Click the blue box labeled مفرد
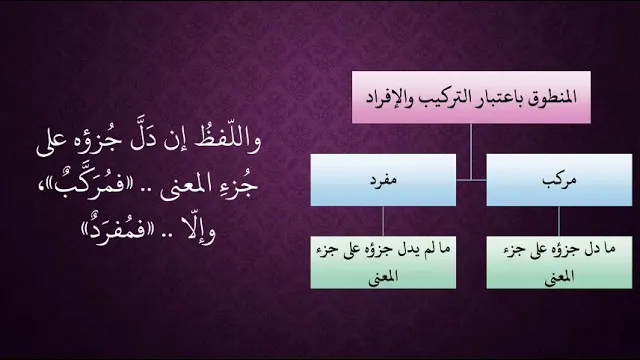point(383,180)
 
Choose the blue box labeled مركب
point(559,180)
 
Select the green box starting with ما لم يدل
point(383,262)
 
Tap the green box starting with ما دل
point(559,262)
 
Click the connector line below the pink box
point(471,152)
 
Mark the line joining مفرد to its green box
point(383,221)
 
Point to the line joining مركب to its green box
point(559,221)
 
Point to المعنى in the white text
point(186,187)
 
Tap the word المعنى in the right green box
point(559,276)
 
